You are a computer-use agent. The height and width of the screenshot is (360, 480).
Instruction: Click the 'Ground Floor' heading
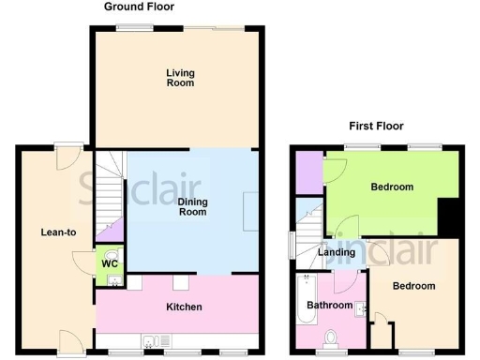[x=139, y=7]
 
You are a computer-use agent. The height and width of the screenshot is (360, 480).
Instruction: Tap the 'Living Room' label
[x=180, y=78]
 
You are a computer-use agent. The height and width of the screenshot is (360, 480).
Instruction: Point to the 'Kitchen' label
[x=185, y=307]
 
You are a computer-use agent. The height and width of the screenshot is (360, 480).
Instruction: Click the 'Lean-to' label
[x=58, y=232]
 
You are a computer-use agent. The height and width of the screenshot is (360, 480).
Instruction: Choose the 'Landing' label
[x=337, y=252]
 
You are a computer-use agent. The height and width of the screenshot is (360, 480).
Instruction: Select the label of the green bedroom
[x=392, y=187]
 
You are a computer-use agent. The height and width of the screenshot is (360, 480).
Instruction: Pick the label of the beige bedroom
[x=413, y=286]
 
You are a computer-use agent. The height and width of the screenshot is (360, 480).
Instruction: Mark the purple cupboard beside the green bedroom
[x=307, y=172]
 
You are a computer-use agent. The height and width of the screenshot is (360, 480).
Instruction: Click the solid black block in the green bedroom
[x=450, y=218]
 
